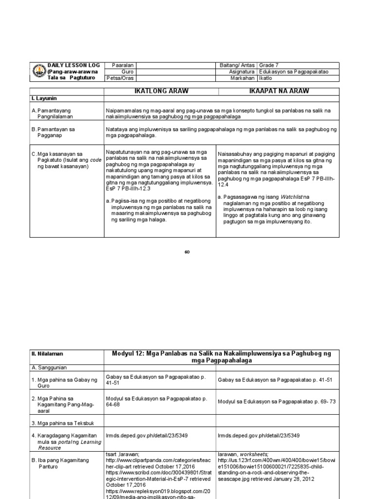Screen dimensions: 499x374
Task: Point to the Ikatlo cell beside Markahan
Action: click(265, 78)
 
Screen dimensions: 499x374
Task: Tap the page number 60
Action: click(187, 251)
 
